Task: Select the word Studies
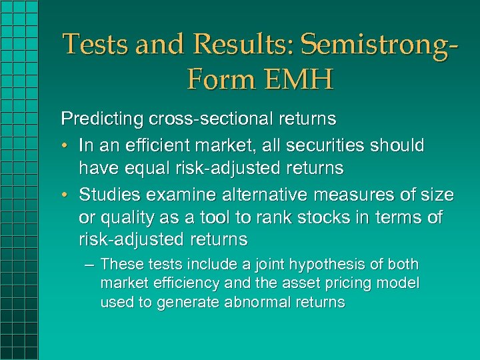pyautogui.click(x=107, y=195)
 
